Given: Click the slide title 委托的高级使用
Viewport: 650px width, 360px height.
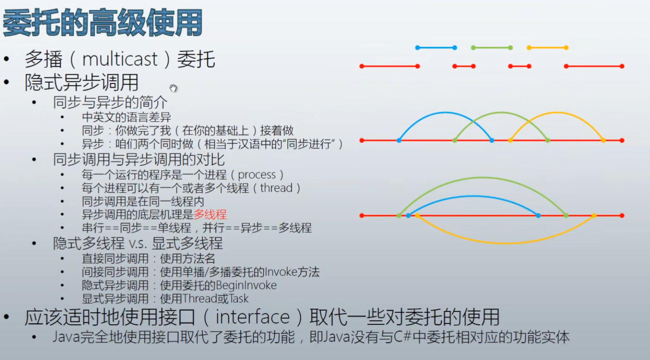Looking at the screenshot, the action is point(103,23).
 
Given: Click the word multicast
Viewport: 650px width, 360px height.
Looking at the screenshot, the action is point(120,59).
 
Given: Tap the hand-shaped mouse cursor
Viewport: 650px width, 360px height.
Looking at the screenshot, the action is point(173,88).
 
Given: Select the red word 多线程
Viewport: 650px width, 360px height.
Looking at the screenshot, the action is point(210,214).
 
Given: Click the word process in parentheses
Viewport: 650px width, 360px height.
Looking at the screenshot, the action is point(257,175).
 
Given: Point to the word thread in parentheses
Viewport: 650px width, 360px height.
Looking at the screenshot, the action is point(276,188).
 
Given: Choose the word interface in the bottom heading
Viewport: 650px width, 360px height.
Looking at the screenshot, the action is point(252,317).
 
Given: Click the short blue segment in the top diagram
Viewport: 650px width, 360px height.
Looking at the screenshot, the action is point(436,47).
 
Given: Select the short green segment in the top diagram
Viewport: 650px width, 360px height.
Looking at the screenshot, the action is point(491,47).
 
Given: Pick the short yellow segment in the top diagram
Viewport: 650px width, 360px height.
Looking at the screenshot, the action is point(547,47).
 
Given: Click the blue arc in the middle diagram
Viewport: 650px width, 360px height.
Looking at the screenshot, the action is point(445,112).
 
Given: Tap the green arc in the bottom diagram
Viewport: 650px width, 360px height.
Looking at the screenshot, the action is point(482,177).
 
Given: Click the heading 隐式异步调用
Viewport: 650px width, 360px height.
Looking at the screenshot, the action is point(81,82).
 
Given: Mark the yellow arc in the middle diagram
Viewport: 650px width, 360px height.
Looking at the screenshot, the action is point(557,112).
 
